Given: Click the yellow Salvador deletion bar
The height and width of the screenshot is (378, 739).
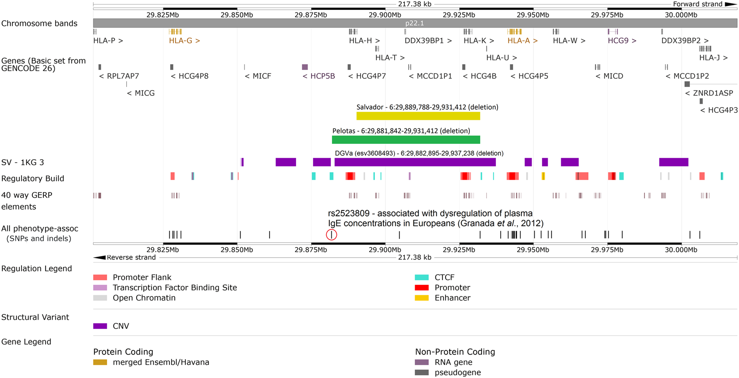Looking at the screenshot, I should pyautogui.click(x=418, y=116).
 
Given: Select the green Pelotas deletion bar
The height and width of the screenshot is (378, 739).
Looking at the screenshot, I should pyautogui.click(x=406, y=140).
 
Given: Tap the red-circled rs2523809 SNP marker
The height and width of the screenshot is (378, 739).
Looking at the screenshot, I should pyautogui.click(x=331, y=235).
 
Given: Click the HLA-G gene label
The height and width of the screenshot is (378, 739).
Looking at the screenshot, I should pyautogui.click(x=185, y=41).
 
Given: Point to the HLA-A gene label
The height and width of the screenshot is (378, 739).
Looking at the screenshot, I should pyautogui.click(x=523, y=41).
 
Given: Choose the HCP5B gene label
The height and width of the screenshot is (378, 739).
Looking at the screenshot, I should pyautogui.click(x=319, y=76).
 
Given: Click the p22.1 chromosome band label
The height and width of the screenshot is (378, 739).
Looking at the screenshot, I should pyautogui.click(x=414, y=23).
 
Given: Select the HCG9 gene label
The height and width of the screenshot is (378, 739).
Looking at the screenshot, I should pyautogui.click(x=622, y=41).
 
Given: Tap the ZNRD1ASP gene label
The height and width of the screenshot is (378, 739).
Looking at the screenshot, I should pyautogui.click(x=709, y=93).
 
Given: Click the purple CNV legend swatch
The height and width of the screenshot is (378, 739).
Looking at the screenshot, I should pyautogui.click(x=100, y=326).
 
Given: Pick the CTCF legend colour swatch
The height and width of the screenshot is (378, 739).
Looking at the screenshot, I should pyautogui.click(x=421, y=278).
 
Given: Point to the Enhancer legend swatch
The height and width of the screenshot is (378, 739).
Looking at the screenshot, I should pyautogui.click(x=421, y=298).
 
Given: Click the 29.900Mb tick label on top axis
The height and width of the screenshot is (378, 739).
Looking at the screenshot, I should pyautogui.click(x=385, y=15).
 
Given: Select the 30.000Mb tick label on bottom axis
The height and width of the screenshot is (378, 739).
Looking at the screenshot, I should pyautogui.click(x=681, y=250).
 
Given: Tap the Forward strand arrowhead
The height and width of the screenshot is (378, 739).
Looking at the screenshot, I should pyautogui.click(x=730, y=4).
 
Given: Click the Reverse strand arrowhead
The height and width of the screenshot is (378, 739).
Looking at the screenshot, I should pyautogui.click(x=99, y=258).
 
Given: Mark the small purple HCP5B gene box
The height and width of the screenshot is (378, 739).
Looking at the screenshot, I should pyautogui.click(x=305, y=67).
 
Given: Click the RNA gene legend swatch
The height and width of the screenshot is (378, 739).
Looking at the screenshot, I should pyautogui.click(x=421, y=362).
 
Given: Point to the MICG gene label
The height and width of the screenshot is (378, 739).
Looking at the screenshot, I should pyautogui.click(x=141, y=93).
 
